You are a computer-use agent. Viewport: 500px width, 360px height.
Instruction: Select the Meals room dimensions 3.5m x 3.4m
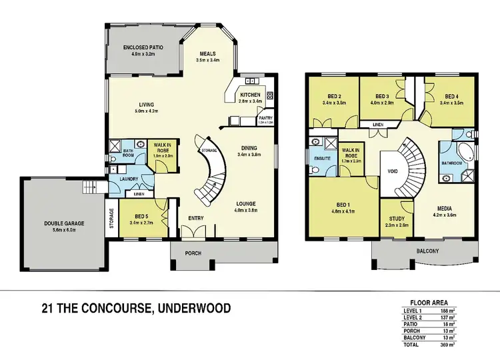(211, 60)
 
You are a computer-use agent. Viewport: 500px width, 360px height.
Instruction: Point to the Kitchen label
(251, 95)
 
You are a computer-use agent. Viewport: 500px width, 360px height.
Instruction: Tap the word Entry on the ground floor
(195, 218)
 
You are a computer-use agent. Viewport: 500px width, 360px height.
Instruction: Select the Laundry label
(128, 179)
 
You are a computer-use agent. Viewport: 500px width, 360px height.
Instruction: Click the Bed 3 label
(382, 95)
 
